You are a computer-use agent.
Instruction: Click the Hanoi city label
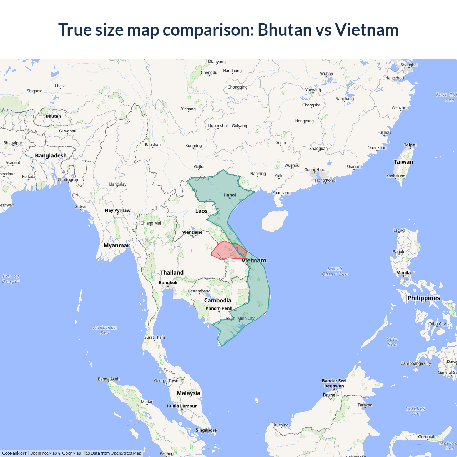pos(230,195)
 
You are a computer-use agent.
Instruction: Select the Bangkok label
pos(168,283)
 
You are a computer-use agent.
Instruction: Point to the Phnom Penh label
pos(219,308)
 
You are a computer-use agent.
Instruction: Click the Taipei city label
pos(410,145)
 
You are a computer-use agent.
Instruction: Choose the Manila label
pos(403,273)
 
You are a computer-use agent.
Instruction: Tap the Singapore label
pos(206,430)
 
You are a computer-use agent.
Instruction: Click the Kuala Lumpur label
pos(182,406)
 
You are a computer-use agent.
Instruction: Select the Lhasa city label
pos(60,86)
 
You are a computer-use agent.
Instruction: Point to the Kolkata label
pos(29,177)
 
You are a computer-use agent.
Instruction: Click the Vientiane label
pos(192,232)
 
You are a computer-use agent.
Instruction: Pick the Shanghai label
pos(409,65)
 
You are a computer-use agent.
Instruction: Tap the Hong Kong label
pos(325,180)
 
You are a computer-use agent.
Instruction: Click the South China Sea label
pos(335,271)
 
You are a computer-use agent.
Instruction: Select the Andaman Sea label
pos(105,330)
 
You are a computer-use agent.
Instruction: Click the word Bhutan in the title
pos(285,30)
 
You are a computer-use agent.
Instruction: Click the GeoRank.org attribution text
pos(14,453)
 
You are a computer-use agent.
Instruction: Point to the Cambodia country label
pos(217,301)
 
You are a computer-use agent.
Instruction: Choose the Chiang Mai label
pos(151,223)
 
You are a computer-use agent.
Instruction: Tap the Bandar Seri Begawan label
pos(334,383)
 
